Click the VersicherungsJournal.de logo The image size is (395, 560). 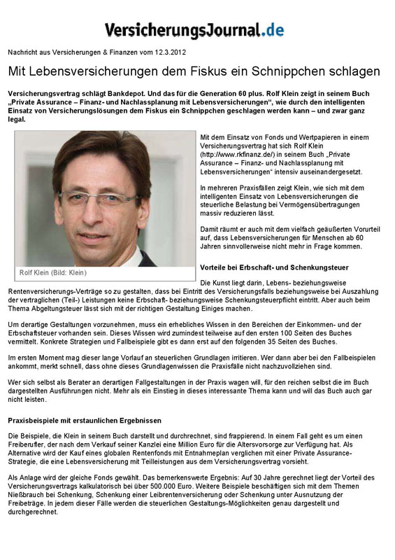(194, 29)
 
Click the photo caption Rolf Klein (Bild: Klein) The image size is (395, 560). (53, 272)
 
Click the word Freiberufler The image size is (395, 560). (31, 444)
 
